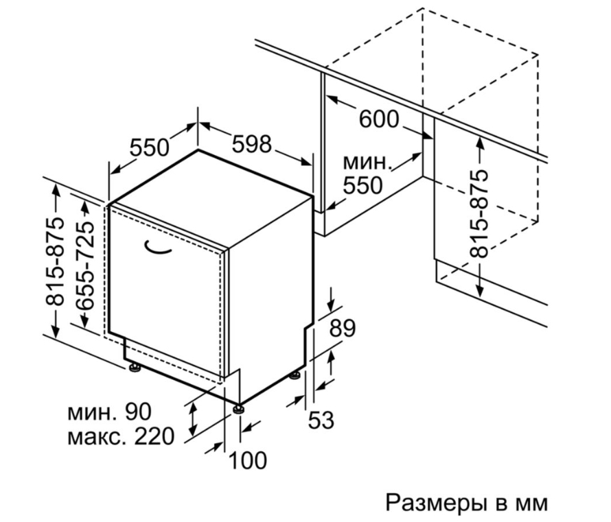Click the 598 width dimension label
(x=251, y=143)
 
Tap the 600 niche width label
(x=379, y=119)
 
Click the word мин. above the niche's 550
(x=367, y=163)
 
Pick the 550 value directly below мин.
(x=362, y=185)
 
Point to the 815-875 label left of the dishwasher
(x=54, y=261)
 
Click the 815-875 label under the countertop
(x=479, y=213)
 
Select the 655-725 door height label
(x=85, y=266)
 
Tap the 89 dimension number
(x=343, y=328)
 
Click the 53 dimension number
(x=321, y=420)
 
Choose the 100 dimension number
(x=247, y=460)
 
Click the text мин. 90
(x=109, y=411)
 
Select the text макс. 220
(x=121, y=437)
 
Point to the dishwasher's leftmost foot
(x=135, y=368)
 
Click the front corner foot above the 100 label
(x=239, y=409)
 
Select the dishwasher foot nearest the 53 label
(x=295, y=376)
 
